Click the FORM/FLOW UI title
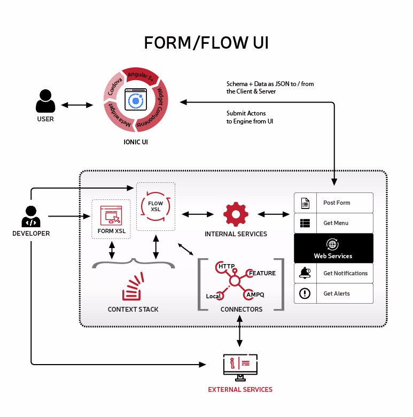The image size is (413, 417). tap(206, 43)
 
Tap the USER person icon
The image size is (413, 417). tap(45, 102)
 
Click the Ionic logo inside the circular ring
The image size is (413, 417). tap(136, 101)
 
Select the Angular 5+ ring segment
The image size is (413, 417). tap(140, 75)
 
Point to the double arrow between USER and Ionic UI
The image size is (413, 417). tap(77, 105)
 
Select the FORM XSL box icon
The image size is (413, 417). tap(111, 217)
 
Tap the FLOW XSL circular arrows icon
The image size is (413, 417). tap(155, 206)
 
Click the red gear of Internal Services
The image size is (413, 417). tap(236, 214)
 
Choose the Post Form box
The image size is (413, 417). tap(333, 203)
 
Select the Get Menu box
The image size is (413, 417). tap(333, 223)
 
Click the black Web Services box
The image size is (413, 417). tap(333, 248)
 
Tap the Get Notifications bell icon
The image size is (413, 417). tap(305, 273)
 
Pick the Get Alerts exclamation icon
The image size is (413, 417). tap(305, 293)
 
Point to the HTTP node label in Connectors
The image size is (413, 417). tap(227, 266)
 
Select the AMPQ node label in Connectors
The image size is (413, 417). tap(255, 295)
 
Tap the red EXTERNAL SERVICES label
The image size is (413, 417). tap(240, 390)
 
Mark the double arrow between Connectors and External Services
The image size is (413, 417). tap(239, 332)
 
